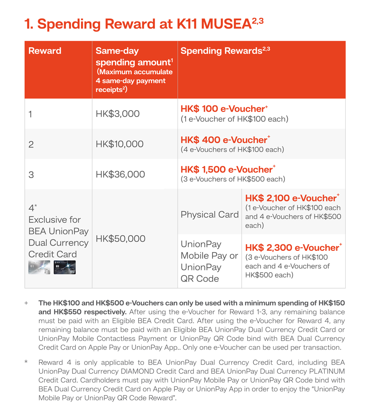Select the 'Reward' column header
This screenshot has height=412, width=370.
click(x=45, y=51)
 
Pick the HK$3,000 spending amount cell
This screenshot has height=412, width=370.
click(x=118, y=114)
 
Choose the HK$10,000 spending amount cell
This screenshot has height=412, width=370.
click(x=120, y=144)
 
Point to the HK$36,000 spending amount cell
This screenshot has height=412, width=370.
click(x=120, y=174)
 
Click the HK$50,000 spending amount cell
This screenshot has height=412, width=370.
click(x=120, y=239)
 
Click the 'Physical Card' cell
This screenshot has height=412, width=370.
click(x=209, y=215)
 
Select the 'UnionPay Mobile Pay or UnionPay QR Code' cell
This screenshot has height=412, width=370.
click(x=209, y=261)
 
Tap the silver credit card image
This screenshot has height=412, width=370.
click(x=40, y=267)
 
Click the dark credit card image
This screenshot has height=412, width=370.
click(x=64, y=267)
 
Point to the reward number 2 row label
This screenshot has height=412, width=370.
click(x=31, y=144)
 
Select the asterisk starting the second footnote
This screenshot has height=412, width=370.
click(x=26, y=362)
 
